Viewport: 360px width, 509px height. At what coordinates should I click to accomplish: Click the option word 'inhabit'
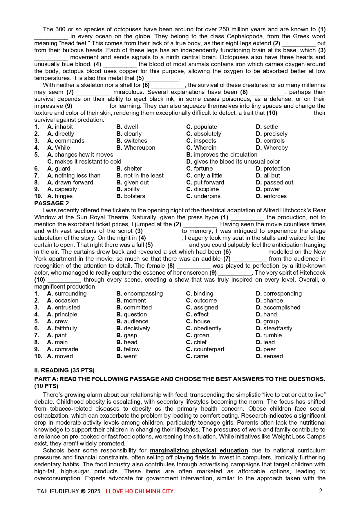[x=64, y=127]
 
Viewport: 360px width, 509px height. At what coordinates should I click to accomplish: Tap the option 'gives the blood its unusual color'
[x=237, y=162]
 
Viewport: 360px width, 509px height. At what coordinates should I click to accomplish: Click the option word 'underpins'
[x=207, y=196]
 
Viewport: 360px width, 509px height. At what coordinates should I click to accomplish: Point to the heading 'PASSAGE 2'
[x=52, y=203]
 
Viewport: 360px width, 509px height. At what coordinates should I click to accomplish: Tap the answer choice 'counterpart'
[x=209, y=349]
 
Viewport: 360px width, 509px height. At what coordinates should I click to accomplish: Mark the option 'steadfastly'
[x=278, y=328]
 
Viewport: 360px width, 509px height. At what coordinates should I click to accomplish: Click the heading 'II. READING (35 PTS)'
[x=64, y=370]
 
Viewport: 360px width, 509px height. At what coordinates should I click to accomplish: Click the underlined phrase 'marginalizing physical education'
[x=199, y=450]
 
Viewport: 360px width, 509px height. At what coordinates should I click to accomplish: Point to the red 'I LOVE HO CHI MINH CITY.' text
[x=140, y=491]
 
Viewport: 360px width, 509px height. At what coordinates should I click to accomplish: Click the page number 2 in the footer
[x=320, y=491]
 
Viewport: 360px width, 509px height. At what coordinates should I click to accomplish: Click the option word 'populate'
[x=205, y=127]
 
